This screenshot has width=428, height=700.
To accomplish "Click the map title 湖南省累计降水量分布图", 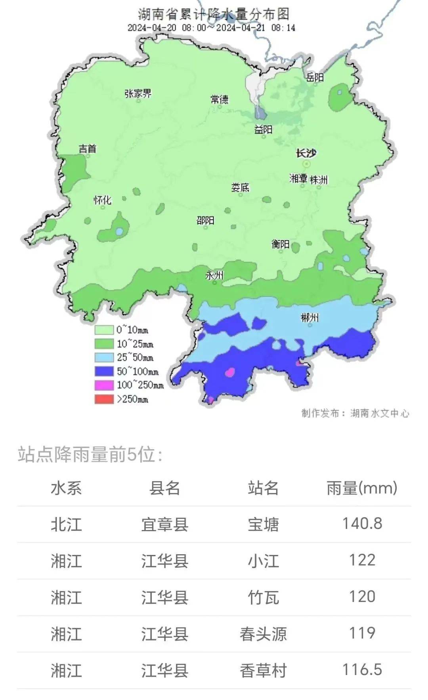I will (214, 14).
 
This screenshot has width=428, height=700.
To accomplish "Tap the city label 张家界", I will (138, 93).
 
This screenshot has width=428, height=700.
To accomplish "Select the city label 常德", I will (219, 99).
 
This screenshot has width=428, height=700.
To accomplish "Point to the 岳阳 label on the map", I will (315, 77).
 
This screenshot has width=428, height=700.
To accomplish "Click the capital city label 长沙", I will (306, 153).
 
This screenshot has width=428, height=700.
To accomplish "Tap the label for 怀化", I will (102, 200).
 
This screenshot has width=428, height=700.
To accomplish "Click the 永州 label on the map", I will (214, 275).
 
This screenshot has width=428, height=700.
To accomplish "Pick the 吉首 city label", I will (88, 149).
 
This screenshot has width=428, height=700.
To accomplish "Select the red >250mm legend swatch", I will (104, 399).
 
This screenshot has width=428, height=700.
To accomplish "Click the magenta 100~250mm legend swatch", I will (104, 385).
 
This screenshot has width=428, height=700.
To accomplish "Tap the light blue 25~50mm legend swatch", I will (104, 357).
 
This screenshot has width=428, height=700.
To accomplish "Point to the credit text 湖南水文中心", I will (379, 413).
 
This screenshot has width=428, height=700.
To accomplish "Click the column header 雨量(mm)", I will (362, 488).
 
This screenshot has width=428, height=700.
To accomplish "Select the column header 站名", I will (263, 488).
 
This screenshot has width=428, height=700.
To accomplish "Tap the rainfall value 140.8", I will (362, 524).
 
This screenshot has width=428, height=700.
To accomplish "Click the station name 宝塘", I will (263, 525).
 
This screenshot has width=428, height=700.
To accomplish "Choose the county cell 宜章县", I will (164, 525).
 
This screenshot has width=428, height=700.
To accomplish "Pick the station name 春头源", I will (263, 634).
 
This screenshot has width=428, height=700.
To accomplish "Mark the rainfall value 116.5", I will (362, 669).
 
